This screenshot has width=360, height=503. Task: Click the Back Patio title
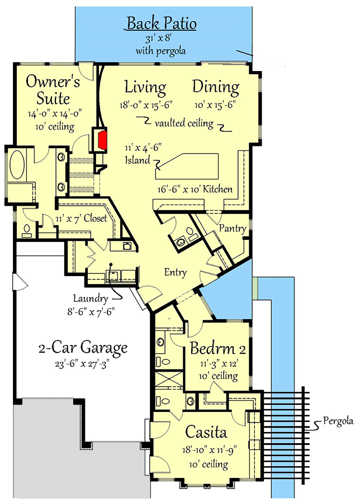(162, 23)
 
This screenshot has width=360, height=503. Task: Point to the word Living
(145, 87)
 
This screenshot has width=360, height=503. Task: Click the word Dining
(216, 87)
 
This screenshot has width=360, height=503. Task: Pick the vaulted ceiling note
(184, 124)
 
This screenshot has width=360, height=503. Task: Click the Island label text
(138, 161)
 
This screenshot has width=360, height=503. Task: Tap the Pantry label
(233, 229)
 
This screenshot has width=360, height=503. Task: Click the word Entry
(175, 273)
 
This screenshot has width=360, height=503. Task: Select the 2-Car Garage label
(83, 348)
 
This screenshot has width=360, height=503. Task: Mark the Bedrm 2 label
(218, 350)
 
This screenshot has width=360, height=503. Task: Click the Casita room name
(206, 433)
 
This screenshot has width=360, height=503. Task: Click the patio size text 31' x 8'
(161, 39)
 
